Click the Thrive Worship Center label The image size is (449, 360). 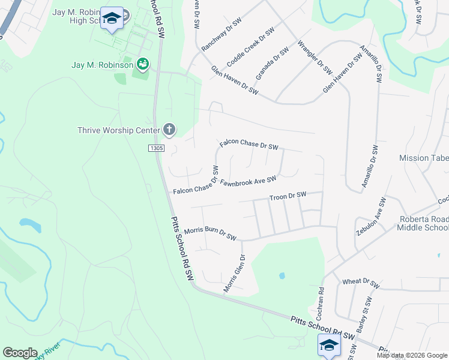(119, 130)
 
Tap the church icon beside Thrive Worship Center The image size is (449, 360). (169, 130)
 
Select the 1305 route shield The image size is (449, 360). (155, 148)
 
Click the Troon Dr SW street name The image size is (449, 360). (288, 196)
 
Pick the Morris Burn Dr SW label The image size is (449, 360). (211, 233)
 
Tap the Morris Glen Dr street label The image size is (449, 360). (235, 274)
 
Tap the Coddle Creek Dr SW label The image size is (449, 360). (250, 47)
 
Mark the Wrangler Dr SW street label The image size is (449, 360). (315, 58)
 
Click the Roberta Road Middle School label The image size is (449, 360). (424, 223)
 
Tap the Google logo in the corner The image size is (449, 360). (20, 353)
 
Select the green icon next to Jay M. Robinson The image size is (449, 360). (143, 64)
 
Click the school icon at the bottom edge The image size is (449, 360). (329, 344)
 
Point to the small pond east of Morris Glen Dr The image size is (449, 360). (282, 277)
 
